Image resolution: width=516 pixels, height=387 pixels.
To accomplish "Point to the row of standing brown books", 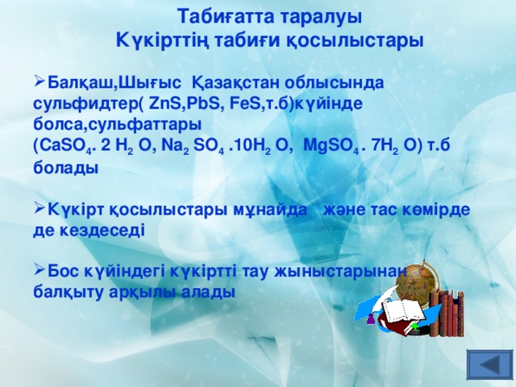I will tap(447, 315).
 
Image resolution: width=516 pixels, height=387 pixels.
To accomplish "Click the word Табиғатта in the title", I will tap(219, 16).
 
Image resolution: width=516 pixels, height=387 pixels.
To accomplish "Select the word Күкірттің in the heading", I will tap(154, 39).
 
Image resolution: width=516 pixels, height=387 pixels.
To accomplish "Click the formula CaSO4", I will tap(61, 146).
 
